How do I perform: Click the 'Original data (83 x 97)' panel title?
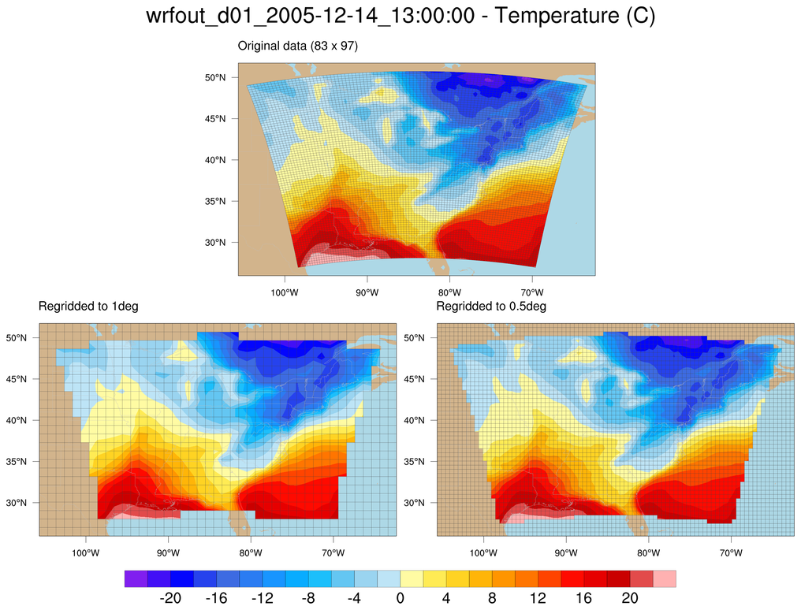[x=298, y=46]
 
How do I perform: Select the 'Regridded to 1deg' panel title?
[x=88, y=306]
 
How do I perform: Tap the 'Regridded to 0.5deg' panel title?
[x=491, y=306]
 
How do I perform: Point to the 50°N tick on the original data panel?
[x=216, y=78]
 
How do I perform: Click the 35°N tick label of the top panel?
[x=216, y=201]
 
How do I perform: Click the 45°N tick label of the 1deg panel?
[x=17, y=379]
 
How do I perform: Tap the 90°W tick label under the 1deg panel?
[x=168, y=553]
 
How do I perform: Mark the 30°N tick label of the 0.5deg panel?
[x=415, y=503]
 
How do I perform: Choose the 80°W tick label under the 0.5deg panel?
[x=649, y=553]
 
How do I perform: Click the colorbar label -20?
[x=170, y=598]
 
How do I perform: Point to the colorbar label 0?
[x=400, y=598]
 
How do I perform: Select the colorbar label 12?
[x=538, y=598]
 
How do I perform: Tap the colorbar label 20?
[x=629, y=598]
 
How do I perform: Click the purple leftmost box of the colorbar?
[x=136, y=579]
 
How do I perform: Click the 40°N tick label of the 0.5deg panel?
[x=415, y=420]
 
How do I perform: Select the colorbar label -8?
[x=308, y=598]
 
